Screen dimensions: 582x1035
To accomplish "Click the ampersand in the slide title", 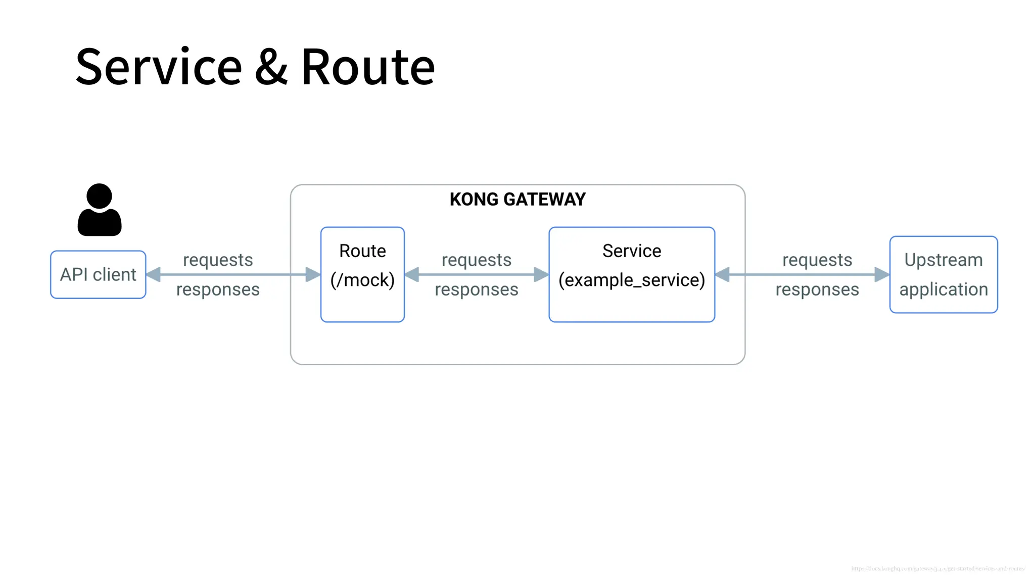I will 271,67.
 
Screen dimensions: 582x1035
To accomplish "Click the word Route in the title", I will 368,67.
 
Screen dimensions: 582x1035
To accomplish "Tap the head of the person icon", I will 99,196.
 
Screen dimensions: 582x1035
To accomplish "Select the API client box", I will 98,274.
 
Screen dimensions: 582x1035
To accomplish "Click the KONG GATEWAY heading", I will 517,199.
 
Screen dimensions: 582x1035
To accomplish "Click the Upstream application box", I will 943,274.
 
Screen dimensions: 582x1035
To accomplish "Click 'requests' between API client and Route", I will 218,260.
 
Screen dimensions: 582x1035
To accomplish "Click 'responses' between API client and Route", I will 218,289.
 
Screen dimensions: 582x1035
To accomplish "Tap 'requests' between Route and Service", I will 476,260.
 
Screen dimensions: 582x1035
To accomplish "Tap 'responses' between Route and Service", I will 476,289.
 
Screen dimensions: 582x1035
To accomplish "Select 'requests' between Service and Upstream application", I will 817,260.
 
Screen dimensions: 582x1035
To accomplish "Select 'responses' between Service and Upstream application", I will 817,289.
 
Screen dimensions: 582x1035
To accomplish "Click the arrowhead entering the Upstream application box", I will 882,274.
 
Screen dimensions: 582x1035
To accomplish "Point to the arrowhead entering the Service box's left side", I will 541,274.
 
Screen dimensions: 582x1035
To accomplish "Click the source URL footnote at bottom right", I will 937,568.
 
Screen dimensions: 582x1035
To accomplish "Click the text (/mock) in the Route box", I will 362,280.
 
